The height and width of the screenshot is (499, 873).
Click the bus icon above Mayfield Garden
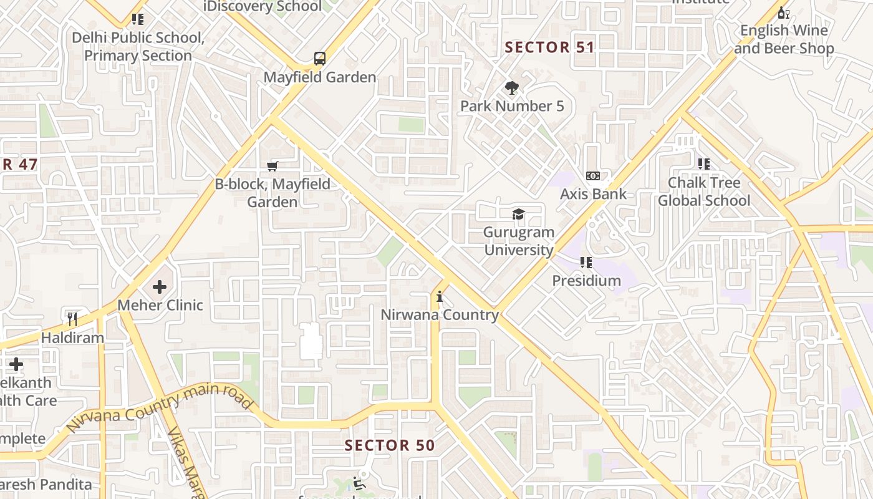pyautogui.click(x=319, y=59)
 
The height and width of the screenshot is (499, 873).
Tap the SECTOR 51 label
pyautogui.click(x=549, y=47)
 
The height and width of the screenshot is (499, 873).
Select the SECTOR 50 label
pyautogui.click(x=390, y=445)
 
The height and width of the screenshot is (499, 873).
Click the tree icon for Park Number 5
pyautogui.click(x=512, y=88)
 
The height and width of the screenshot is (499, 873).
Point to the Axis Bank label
pyautogui.click(x=593, y=194)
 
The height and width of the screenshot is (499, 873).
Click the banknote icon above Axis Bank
pyautogui.click(x=593, y=176)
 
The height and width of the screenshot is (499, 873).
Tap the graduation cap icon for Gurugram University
pyautogui.click(x=518, y=215)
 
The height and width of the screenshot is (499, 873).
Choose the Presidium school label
pyautogui.click(x=586, y=281)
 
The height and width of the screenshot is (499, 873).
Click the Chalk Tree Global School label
pyautogui.click(x=704, y=191)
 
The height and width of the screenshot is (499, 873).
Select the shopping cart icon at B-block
pyautogui.click(x=272, y=166)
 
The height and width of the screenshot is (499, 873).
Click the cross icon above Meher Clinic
pyautogui.click(x=160, y=287)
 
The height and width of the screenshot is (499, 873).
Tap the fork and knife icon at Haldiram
pyautogui.click(x=72, y=319)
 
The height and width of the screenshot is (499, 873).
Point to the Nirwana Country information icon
pyautogui.click(x=440, y=297)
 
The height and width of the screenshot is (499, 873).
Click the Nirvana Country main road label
pyautogui.click(x=159, y=409)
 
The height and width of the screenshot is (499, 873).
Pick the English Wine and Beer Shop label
pyautogui.click(x=784, y=39)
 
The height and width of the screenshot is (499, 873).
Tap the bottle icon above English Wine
pyautogui.click(x=783, y=12)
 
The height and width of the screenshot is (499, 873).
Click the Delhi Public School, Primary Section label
pyautogui.click(x=138, y=47)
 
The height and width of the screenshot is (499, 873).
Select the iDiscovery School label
pyautogui.click(x=263, y=7)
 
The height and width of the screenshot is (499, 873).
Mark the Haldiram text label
pyautogui.click(x=72, y=337)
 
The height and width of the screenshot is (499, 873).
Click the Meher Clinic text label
pyautogui.click(x=160, y=305)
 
